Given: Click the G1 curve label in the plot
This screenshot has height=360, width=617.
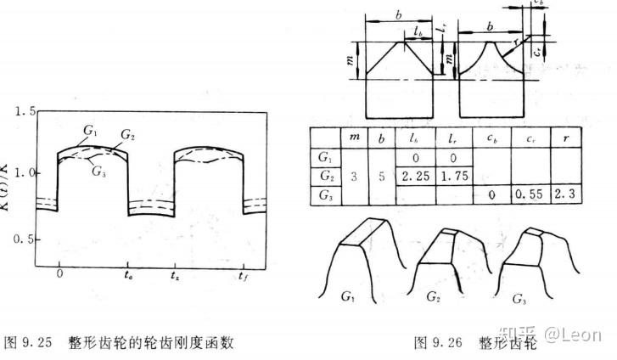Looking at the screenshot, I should [x=90, y=130].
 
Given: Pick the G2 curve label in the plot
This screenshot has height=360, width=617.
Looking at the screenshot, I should [x=128, y=134].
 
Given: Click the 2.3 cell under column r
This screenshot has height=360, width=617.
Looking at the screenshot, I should [x=564, y=194].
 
